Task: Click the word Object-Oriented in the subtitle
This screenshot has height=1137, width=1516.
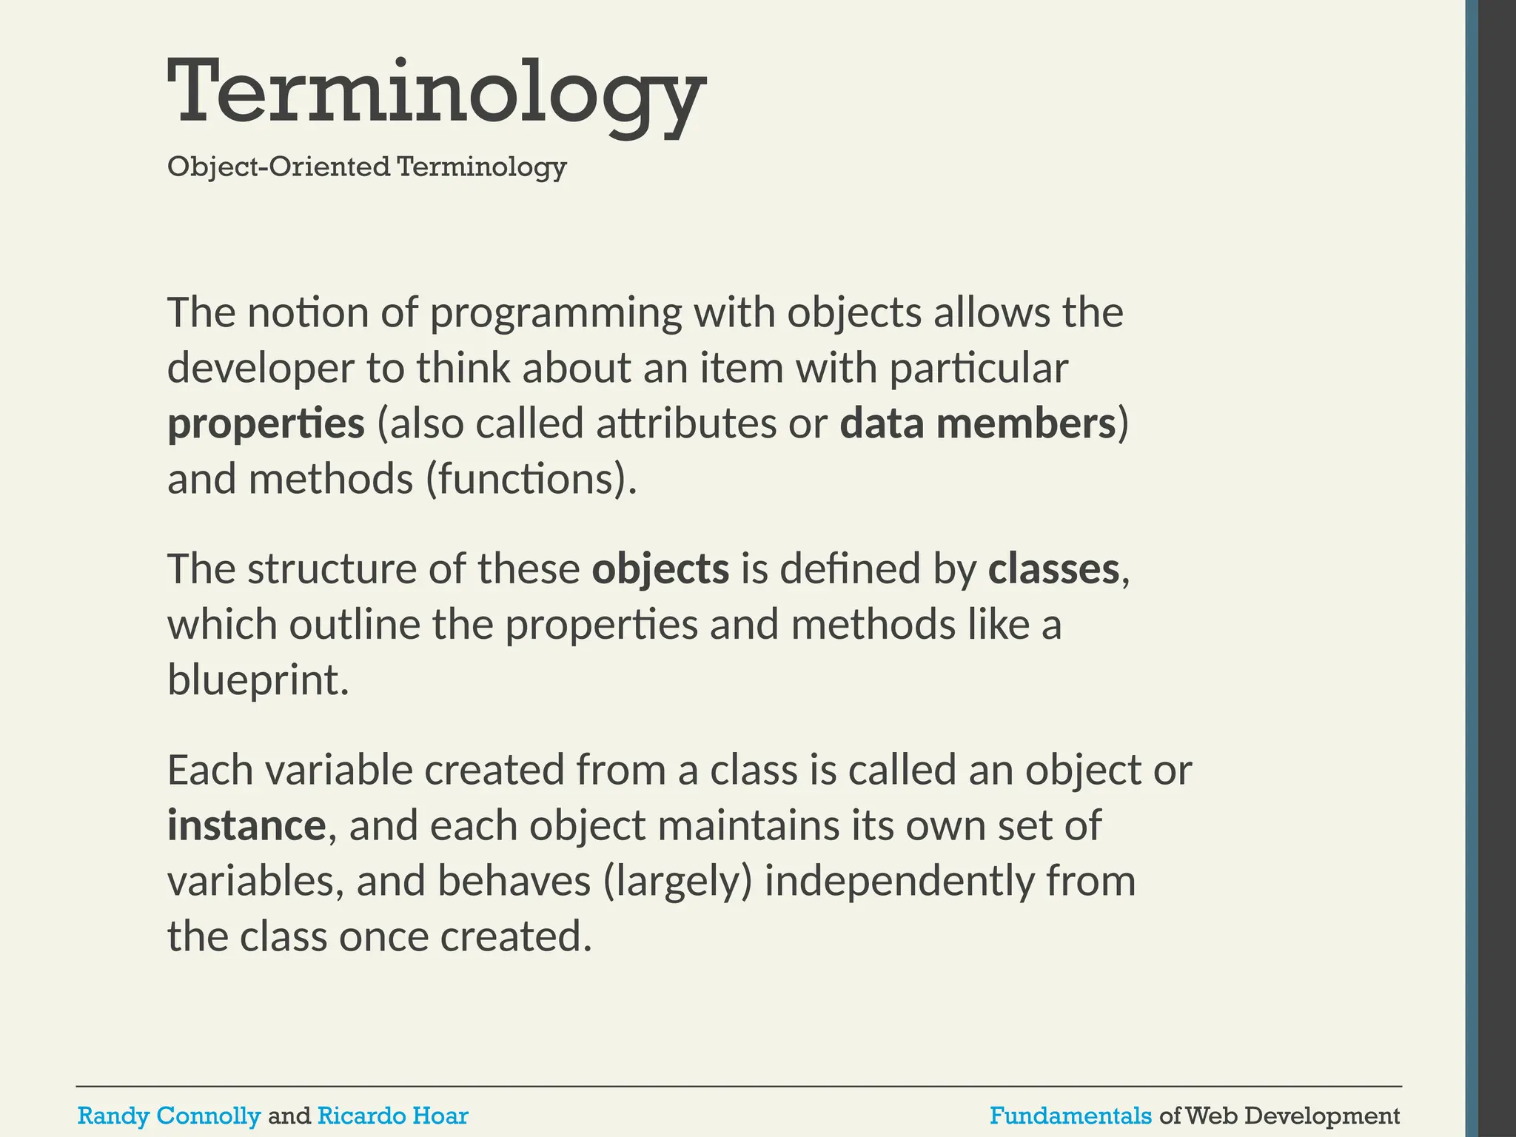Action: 278,167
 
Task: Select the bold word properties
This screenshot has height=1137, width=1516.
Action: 266,423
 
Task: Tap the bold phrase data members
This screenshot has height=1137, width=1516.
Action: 977,423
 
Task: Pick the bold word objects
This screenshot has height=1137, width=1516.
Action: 660,568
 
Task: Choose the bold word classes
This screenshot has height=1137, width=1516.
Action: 1053,568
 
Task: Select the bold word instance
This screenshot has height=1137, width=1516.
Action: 246,825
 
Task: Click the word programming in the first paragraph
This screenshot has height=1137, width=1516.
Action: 555,312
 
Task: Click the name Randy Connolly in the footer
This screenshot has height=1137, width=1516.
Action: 169,1116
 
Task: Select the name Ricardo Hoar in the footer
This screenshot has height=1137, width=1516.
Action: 392,1116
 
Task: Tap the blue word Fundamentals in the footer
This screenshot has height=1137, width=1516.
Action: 1070,1116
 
